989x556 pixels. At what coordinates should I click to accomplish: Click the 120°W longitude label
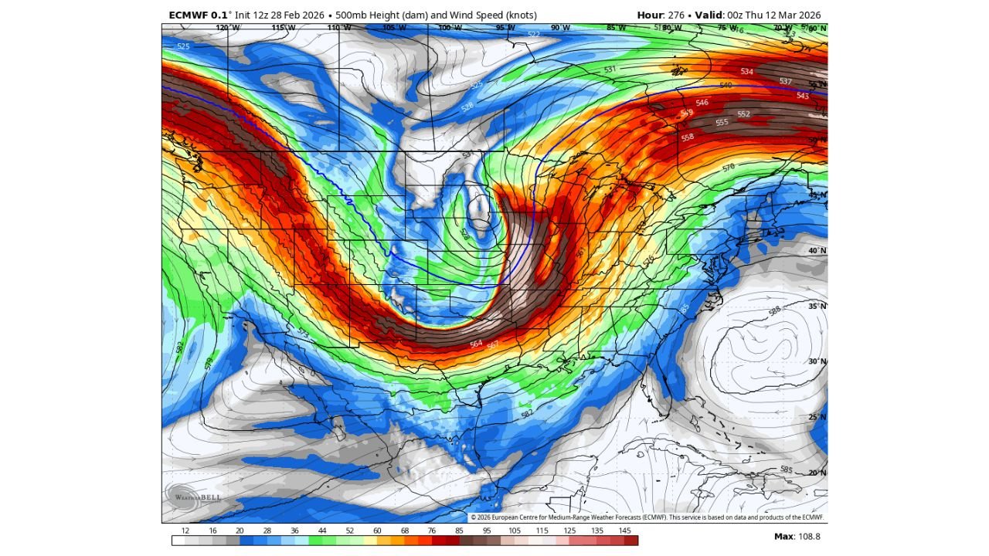(x=228, y=28)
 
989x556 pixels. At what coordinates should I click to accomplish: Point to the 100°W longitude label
(x=450, y=28)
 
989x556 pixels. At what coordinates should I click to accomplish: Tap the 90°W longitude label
(x=561, y=28)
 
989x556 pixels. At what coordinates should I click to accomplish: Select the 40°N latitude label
(x=817, y=251)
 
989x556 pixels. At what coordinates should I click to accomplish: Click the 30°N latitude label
(x=817, y=361)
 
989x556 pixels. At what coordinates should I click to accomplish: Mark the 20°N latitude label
(x=817, y=473)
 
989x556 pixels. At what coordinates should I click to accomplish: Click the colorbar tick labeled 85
(x=460, y=531)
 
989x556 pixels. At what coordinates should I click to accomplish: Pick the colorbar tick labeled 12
(x=185, y=531)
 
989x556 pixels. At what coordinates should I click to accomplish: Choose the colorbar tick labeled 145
(x=624, y=531)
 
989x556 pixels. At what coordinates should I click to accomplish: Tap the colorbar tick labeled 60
(x=377, y=531)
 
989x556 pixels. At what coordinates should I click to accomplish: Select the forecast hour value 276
(x=676, y=15)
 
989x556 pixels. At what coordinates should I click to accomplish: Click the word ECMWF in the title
(x=189, y=15)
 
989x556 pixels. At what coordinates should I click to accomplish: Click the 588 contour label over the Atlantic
(x=774, y=311)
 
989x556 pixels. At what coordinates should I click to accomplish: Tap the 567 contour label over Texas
(x=492, y=346)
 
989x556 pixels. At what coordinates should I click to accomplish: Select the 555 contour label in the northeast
(x=722, y=122)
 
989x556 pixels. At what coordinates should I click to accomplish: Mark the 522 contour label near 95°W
(x=534, y=35)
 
